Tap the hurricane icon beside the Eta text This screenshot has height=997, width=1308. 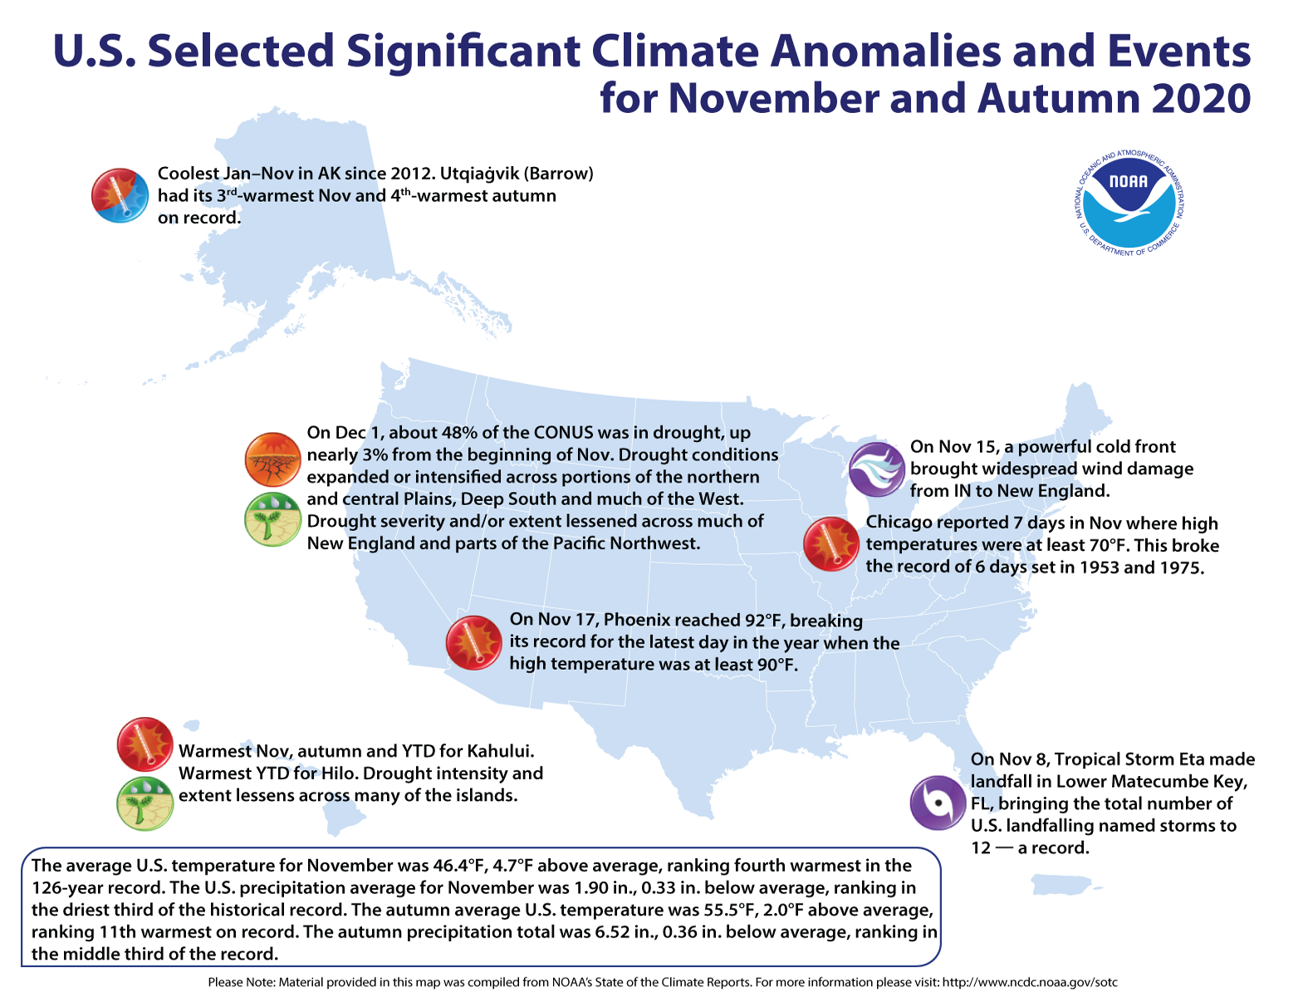pos(938,803)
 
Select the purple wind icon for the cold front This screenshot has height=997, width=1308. pos(876,469)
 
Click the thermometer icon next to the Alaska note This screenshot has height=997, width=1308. pos(120,195)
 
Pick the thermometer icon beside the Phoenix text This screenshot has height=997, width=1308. pos(474,642)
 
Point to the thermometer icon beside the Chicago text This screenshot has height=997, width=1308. pos(830,544)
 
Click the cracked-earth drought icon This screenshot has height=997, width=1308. pos(272,459)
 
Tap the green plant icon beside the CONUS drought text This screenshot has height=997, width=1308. pos(272,520)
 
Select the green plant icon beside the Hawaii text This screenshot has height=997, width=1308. pos(145,803)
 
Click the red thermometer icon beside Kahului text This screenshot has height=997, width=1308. pos(145,744)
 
